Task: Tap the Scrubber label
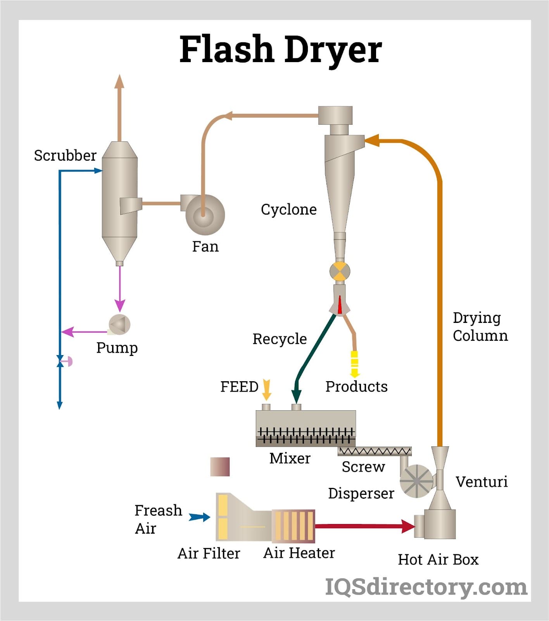(x=65, y=155)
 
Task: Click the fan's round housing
(x=205, y=215)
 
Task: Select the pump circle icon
(x=119, y=324)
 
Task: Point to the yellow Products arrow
(x=354, y=364)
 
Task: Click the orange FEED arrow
(x=266, y=390)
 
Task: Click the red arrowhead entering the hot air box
(x=408, y=526)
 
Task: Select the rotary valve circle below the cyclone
(x=340, y=271)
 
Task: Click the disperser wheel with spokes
(x=416, y=481)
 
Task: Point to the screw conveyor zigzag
(x=374, y=451)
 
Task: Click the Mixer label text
(x=290, y=458)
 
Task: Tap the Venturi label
(x=481, y=482)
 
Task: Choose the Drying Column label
(x=480, y=326)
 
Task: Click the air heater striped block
(x=293, y=526)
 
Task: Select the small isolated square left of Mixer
(x=220, y=467)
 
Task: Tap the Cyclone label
(x=288, y=210)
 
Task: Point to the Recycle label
(x=280, y=339)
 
